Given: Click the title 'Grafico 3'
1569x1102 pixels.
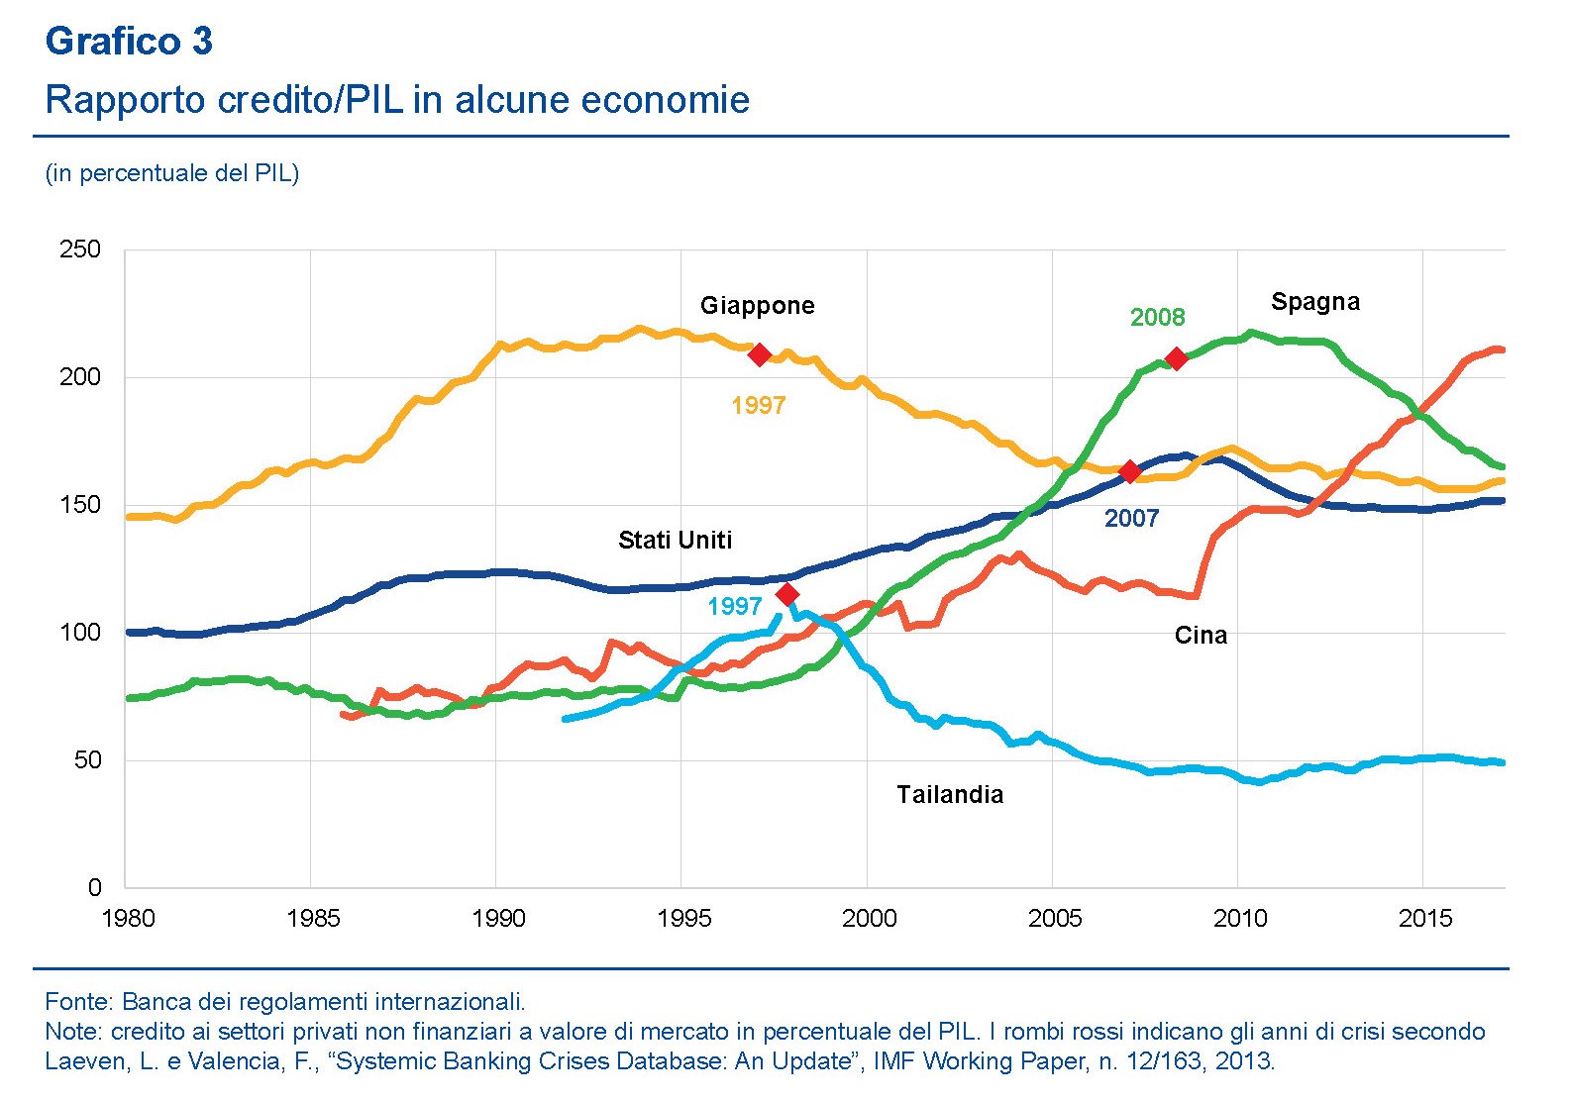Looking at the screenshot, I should [x=129, y=42].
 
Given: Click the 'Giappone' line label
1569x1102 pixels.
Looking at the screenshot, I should [x=757, y=306].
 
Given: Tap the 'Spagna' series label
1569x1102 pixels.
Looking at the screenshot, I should [x=1314, y=302].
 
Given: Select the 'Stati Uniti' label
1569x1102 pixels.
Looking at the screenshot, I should [x=675, y=541].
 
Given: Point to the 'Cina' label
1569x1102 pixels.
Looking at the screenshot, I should [x=1201, y=636].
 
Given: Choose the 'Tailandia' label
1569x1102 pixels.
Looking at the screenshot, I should [x=950, y=795].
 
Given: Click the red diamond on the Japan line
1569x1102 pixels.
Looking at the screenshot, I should [x=760, y=354].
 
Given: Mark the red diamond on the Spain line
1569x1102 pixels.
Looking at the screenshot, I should [x=1176, y=358].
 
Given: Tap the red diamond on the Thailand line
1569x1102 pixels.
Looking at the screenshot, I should [x=787, y=594].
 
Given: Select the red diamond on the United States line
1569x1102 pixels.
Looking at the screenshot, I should [x=1129, y=471].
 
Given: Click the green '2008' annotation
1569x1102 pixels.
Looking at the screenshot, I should [x=1157, y=318].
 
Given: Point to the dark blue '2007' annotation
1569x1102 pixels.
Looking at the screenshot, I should [x=1131, y=519].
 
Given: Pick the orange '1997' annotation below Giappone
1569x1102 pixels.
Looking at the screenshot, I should [x=758, y=406].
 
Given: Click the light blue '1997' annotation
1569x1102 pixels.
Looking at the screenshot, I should [x=734, y=607].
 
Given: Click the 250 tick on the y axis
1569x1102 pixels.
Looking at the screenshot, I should [x=80, y=250].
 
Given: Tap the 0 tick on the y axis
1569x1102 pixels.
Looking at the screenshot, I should [x=94, y=888].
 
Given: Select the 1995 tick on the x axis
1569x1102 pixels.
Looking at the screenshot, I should [x=683, y=919].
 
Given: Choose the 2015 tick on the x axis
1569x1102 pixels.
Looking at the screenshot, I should [x=1424, y=919].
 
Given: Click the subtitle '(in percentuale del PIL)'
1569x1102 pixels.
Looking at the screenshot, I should [x=172, y=173].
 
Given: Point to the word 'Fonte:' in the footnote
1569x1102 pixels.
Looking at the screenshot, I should [x=80, y=1001].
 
